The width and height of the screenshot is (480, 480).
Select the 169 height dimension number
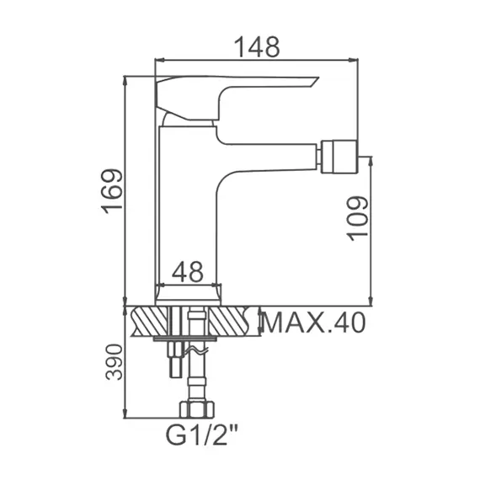tap(112, 192)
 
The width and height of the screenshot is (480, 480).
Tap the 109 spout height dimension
tap(357, 217)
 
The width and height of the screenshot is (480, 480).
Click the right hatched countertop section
tap(233, 321)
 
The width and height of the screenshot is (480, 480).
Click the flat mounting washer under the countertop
tap(187, 339)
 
